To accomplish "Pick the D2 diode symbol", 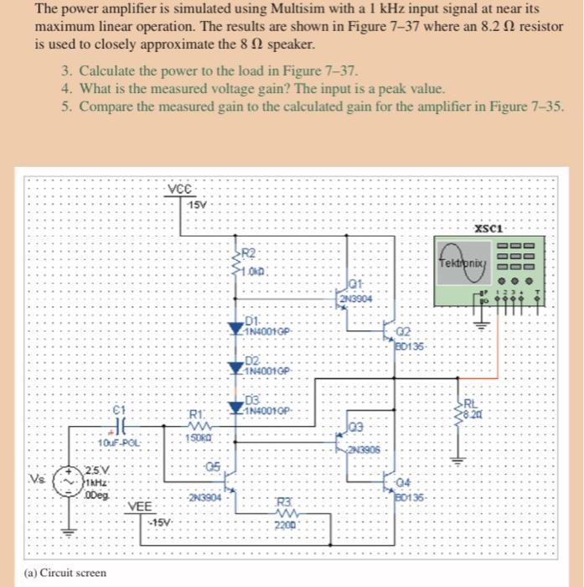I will tap(234, 366).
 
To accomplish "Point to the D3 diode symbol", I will tap(234, 407).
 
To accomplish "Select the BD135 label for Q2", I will tap(411, 345).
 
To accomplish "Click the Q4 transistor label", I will tap(404, 481).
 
